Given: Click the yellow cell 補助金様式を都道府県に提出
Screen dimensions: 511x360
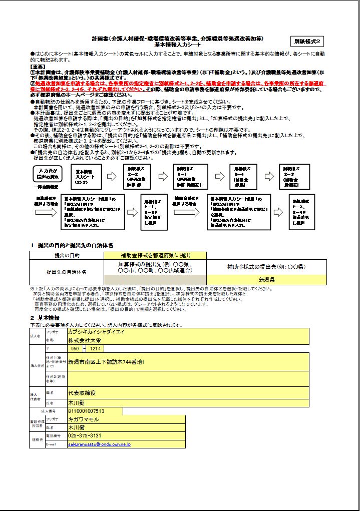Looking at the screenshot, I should [155, 255].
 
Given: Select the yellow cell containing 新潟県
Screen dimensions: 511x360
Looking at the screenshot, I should [266, 279].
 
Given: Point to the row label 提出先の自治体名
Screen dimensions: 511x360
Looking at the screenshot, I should [67, 272].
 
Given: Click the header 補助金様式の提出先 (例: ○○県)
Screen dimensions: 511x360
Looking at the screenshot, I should [266, 267].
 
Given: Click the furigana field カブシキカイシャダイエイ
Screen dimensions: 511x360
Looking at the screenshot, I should [100, 331].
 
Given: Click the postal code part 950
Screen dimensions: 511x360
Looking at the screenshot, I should [75, 348].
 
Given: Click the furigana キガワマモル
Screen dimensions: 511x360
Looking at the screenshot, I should [84, 419].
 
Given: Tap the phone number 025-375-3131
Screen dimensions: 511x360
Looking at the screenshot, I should [85, 436].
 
